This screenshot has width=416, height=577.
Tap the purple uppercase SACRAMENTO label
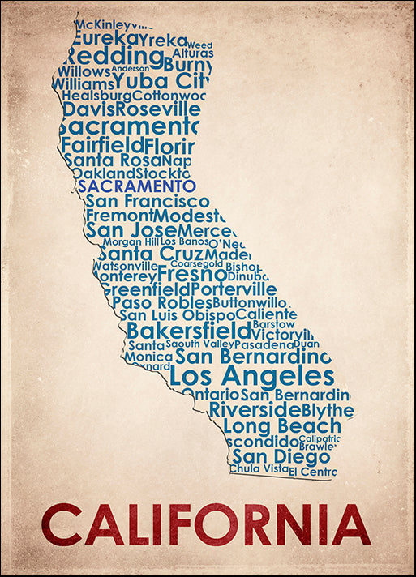point(137,186)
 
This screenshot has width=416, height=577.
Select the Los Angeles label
point(251,376)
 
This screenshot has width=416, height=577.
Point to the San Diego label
point(269,456)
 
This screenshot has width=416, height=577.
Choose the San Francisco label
point(148,201)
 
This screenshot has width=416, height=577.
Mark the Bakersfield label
point(189,331)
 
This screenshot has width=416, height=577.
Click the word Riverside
point(255,409)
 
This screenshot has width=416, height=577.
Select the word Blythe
point(328,410)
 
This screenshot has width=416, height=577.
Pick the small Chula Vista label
point(259,468)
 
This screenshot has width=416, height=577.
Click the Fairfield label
point(101,145)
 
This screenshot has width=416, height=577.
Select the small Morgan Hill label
point(131,241)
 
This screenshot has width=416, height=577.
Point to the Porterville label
point(234,288)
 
